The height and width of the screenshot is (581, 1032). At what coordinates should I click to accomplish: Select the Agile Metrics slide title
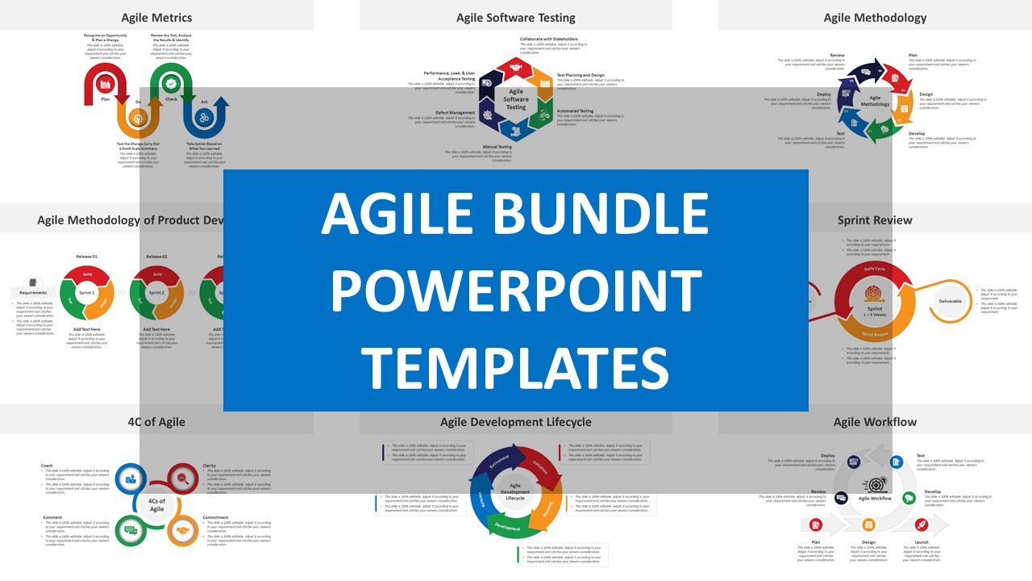pyautogui.click(x=156, y=17)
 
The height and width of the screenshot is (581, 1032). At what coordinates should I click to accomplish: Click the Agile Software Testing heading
pyautogui.click(x=516, y=17)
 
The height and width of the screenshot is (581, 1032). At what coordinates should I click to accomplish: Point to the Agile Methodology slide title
pyautogui.click(x=875, y=17)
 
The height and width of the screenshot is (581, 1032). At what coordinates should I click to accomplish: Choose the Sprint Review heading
pyautogui.click(x=875, y=219)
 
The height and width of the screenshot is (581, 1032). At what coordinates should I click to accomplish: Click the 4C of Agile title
pyautogui.click(x=156, y=421)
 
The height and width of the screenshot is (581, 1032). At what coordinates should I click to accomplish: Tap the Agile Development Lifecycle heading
pyautogui.click(x=516, y=421)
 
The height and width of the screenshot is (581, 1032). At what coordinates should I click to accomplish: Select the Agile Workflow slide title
pyautogui.click(x=875, y=421)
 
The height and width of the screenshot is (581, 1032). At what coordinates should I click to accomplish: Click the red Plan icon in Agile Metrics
pyautogui.click(x=105, y=83)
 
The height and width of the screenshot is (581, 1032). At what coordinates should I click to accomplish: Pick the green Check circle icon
pyautogui.click(x=171, y=83)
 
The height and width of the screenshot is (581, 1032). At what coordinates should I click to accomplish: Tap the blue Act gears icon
pyautogui.click(x=205, y=118)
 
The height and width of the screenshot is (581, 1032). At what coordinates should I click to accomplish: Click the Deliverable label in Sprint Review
pyautogui.click(x=950, y=301)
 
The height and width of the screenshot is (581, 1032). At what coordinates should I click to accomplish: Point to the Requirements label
pyautogui.click(x=33, y=292)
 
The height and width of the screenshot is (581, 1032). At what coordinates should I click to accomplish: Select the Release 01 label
pyautogui.click(x=87, y=257)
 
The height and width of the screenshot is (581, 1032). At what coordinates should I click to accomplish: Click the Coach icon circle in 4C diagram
pyautogui.click(x=131, y=479)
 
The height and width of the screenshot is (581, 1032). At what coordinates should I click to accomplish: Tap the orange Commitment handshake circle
pyautogui.click(x=183, y=530)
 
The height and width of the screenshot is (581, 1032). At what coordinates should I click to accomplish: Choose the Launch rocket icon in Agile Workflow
pyautogui.click(x=922, y=525)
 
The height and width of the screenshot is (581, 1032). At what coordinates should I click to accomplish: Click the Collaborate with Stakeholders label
pyautogui.click(x=548, y=38)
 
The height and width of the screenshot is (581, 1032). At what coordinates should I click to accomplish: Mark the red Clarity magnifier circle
pyautogui.click(x=183, y=479)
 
